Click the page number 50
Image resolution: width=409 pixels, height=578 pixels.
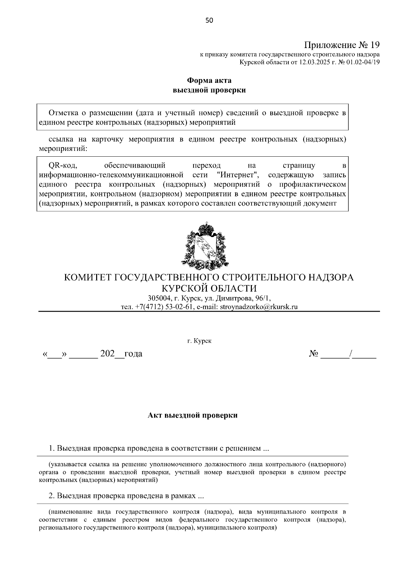click(209, 20)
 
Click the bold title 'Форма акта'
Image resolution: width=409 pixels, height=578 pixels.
click(209, 81)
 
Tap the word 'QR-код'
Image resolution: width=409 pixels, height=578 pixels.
click(63, 166)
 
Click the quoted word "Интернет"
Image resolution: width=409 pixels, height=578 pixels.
click(238, 175)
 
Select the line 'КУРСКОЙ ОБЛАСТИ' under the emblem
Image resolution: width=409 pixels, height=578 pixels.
click(209, 288)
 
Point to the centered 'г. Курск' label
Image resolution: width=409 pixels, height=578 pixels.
click(199, 341)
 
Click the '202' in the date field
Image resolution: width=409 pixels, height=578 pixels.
click(107, 354)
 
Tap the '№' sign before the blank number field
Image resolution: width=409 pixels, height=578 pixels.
click(313, 354)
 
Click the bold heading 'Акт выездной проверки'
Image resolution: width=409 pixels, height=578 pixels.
click(193, 416)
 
